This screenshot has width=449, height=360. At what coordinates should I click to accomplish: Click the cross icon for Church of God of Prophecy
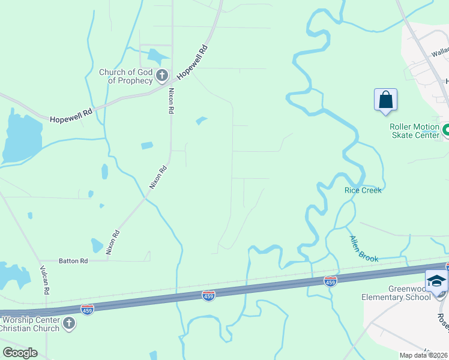point(161,76)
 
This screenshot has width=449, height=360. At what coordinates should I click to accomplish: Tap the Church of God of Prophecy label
point(126,76)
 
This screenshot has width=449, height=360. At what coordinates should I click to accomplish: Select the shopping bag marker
point(385,100)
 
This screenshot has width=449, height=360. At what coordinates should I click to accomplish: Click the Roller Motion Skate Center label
point(415,131)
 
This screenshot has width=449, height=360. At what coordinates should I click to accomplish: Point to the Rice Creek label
point(363,190)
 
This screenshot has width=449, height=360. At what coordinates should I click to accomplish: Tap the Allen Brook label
point(364,248)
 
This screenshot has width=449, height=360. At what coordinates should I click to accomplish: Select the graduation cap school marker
point(436,281)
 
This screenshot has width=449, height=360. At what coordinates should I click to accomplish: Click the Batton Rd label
point(73,261)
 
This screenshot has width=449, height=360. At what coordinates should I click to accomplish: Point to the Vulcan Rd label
point(44,279)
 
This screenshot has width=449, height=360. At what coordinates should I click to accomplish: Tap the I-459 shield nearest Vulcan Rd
point(87,309)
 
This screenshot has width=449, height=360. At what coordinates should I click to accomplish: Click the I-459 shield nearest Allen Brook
point(330,281)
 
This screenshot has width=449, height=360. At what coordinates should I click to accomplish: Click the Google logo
point(19,353)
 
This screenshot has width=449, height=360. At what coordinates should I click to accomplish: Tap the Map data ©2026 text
point(424,355)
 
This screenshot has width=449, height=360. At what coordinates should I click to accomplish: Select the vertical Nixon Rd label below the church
point(171,101)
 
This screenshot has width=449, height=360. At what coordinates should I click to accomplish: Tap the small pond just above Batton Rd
point(97,245)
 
